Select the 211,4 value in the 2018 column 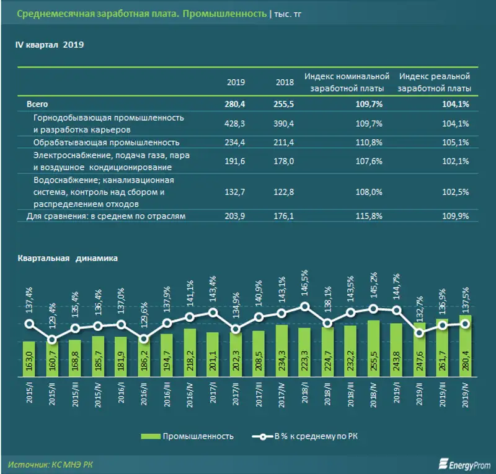click(283, 142)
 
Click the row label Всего click(37, 105)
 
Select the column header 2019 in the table click(236, 82)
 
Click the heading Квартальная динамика click(68, 260)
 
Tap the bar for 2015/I click(29, 359)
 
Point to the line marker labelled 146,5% click(304, 306)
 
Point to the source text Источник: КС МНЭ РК click(51, 463)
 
